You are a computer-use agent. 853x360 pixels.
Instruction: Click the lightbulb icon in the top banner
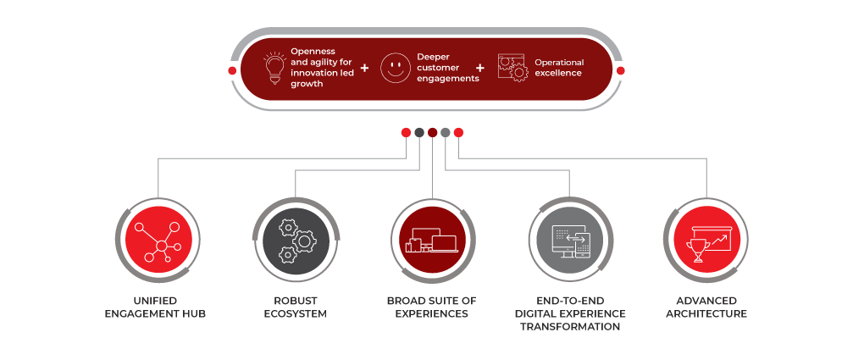(x=273, y=68)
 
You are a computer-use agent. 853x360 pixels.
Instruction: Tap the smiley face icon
(x=394, y=69)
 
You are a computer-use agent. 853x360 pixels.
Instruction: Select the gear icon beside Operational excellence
(x=512, y=68)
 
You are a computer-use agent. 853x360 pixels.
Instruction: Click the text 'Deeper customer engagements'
(x=447, y=68)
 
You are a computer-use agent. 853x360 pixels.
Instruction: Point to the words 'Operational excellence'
(x=559, y=68)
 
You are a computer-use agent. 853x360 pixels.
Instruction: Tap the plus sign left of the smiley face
(x=364, y=68)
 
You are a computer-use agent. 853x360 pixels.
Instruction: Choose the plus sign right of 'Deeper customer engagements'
(x=480, y=68)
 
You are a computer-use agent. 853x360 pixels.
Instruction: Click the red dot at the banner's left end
(x=232, y=70)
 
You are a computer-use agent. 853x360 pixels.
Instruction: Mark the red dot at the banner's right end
(x=620, y=70)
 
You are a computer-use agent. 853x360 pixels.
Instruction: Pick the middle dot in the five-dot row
(x=432, y=132)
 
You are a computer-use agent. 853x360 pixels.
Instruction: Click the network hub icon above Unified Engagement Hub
(x=159, y=240)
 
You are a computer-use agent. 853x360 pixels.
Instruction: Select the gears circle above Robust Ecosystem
(x=296, y=240)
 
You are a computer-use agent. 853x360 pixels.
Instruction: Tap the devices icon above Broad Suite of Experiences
(x=432, y=240)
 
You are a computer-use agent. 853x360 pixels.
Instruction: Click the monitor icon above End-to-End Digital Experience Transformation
(x=569, y=240)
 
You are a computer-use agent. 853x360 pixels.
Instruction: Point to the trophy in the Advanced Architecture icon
(x=699, y=248)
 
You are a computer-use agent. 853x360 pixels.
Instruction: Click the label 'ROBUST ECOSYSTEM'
(x=295, y=307)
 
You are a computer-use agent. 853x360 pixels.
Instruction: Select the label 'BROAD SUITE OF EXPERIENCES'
(x=432, y=307)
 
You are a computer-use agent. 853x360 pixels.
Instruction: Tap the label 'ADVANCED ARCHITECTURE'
(x=706, y=307)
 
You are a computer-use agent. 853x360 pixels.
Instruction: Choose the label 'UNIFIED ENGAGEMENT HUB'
(x=158, y=307)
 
